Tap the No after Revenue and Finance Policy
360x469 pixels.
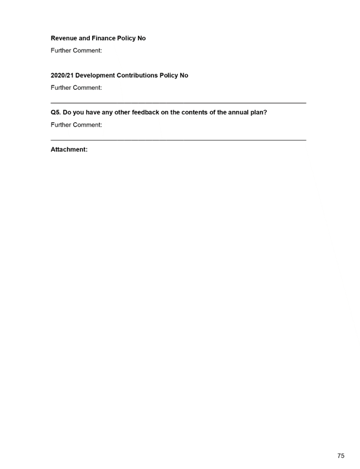point(142,38)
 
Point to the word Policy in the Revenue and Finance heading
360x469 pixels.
point(127,38)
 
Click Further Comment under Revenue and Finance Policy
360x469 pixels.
point(76,51)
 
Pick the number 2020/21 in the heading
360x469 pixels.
point(62,75)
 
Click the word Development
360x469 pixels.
point(95,75)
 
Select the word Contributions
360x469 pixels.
point(137,75)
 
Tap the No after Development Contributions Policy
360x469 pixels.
point(184,75)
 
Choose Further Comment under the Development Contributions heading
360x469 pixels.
point(76,88)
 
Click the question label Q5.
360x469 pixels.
point(56,113)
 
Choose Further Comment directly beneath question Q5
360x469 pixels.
point(76,125)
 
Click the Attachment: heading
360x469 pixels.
point(69,149)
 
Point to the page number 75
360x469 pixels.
point(341,456)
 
